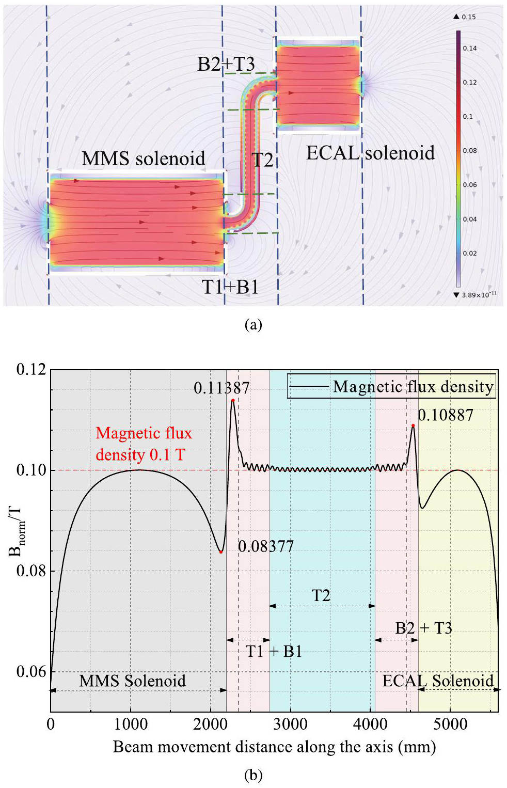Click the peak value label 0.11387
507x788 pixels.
tap(221, 388)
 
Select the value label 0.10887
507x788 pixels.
tap(445, 415)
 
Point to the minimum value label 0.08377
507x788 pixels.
tap(265, 546)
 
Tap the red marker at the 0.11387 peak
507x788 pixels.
tap(233, 400)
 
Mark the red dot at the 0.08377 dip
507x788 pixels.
tap(221, 552)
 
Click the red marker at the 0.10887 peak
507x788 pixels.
tap(413, 425)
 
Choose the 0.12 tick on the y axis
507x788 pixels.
tap(31, 370)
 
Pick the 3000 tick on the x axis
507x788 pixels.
tap(290, 724)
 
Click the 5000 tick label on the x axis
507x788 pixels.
tap(450, 724)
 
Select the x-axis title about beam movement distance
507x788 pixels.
tap(274, 747)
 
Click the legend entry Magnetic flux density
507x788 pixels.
tap(413, 387)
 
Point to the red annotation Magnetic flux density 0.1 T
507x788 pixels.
tap(143, 444)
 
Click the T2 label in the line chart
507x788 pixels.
tap(321, 595)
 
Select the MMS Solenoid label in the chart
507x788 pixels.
tap(132, 681)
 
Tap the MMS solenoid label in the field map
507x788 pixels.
tap(143, 159)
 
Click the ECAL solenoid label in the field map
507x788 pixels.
tap(370, 153)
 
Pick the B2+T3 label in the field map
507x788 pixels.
tap(226, 64)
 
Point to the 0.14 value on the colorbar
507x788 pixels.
tap(469, 49)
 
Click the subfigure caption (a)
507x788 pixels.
tap(253, 324)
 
